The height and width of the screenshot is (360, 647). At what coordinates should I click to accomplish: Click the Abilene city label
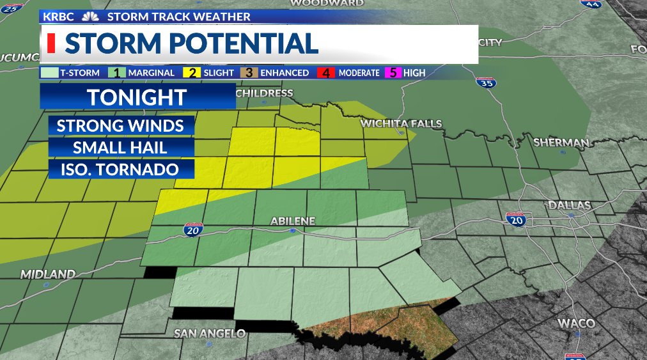(293, 221)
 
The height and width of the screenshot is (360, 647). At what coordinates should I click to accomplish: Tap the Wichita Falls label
(401, 123)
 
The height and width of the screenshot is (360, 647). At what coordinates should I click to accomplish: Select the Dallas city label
(568, 205)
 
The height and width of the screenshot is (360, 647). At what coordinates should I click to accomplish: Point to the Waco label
(576, 324)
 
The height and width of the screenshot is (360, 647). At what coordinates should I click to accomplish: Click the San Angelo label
(210, 333)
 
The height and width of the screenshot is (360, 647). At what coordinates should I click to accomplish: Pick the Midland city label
(48, 274)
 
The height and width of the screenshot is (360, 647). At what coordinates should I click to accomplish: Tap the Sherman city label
(561, 143)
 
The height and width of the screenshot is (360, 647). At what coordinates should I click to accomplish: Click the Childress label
(264, 93)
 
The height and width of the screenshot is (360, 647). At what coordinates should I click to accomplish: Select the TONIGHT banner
(137, 97)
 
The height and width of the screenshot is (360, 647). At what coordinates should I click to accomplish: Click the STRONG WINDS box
(121, 125)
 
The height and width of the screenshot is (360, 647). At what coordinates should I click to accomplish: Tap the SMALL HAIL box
(121, 147)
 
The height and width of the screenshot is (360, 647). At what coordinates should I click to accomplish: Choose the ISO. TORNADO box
(121, 169)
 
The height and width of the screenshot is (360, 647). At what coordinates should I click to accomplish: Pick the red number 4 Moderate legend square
(327, 73)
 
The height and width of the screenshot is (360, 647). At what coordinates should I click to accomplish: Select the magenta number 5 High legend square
(394, 73)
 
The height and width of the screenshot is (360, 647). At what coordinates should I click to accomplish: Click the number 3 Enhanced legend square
(247, 73)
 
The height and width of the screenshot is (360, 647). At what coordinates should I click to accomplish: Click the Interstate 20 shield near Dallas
(515, 219)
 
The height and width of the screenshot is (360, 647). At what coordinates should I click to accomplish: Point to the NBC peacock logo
(91, 17)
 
